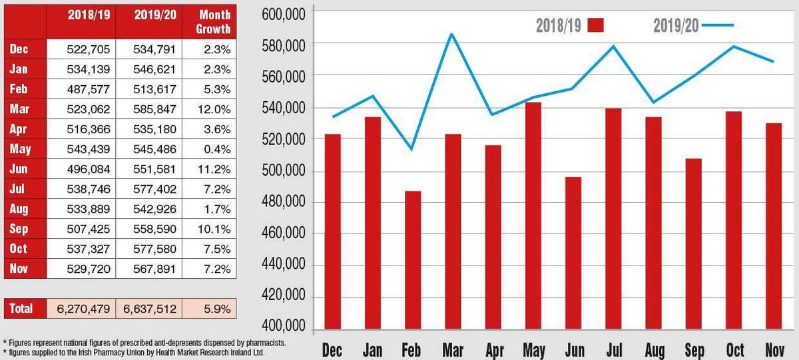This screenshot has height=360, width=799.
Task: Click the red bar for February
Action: (413, 260)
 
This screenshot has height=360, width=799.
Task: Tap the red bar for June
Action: (573, 252)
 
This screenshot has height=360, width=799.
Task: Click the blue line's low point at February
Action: (411, 149)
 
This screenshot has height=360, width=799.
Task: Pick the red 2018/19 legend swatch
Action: (595, 25)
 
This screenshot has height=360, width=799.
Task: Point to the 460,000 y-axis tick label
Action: (284, 234)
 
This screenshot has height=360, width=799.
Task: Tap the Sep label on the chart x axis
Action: (694, 350)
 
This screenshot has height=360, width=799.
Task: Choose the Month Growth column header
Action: (213, 22)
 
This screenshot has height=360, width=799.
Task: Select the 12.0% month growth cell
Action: (213, 108)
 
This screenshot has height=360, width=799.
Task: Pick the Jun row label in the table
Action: (19, 169)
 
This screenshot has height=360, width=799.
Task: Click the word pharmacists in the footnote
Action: (264, 342)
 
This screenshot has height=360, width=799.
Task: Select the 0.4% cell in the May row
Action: (213, 149)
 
